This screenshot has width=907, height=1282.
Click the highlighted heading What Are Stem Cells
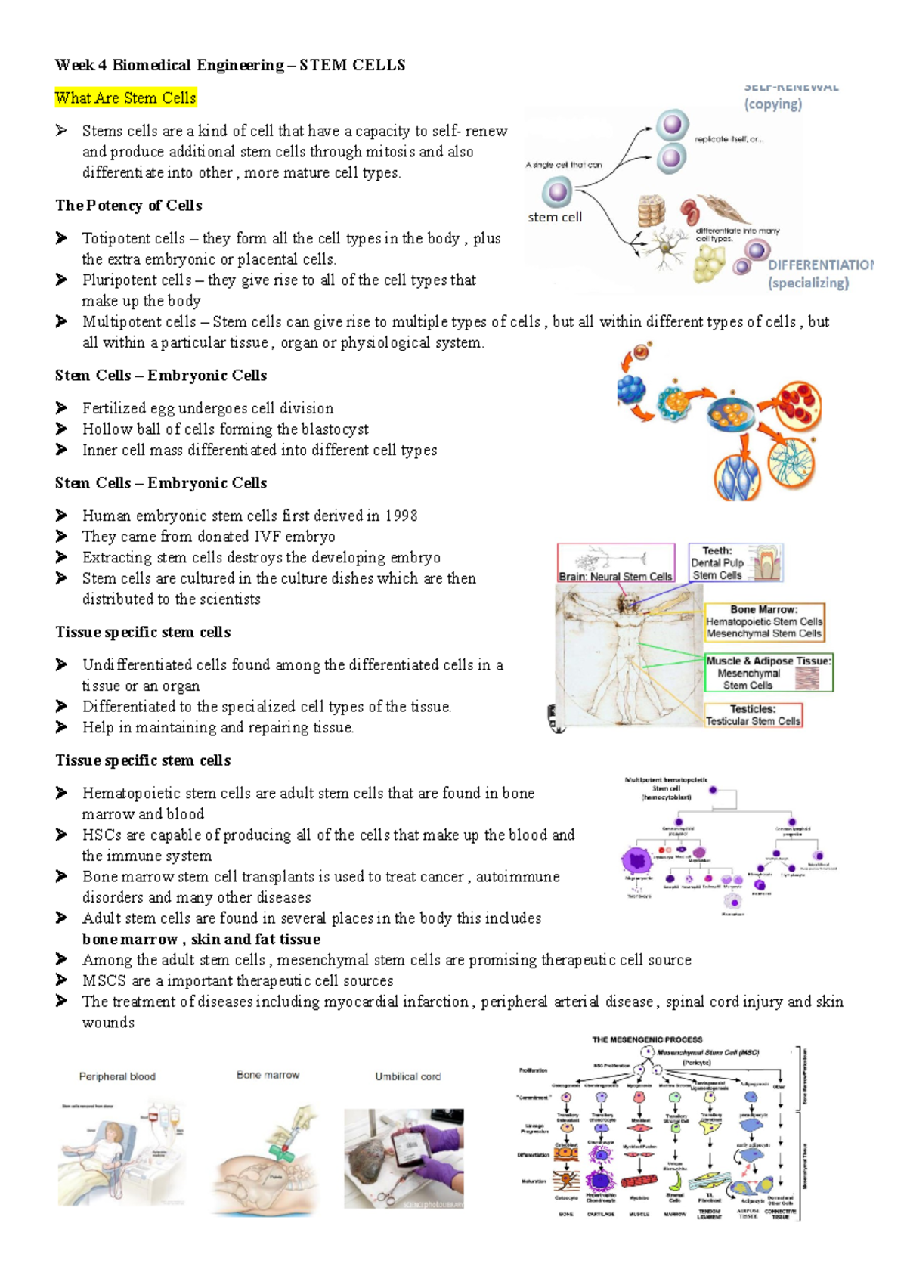tap(125, 98)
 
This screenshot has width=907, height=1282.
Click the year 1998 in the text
tap(401, 516)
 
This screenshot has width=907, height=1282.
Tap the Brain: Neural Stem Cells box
tap(615, 563)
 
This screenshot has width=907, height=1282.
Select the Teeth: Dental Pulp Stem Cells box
tap(735, 563)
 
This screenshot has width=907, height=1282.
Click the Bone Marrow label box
tap(764, 622)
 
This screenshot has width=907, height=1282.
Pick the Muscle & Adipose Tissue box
tap(768, 673)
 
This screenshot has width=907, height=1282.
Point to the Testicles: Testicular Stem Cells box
tap(753, 715)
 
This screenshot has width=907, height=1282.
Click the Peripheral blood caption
tap(117, 1076)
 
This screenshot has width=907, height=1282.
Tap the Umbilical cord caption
tap(407, 1076)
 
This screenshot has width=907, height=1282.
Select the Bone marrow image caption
tap(268, 1075)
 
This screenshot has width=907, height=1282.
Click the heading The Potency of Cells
tap(128, 206)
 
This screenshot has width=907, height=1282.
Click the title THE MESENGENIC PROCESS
tap(647, 1040)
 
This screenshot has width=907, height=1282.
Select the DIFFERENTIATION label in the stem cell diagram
tap(819, 265)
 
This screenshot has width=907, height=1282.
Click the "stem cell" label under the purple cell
tap(555, 218)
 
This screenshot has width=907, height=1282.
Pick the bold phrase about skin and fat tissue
tap(201, 940)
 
